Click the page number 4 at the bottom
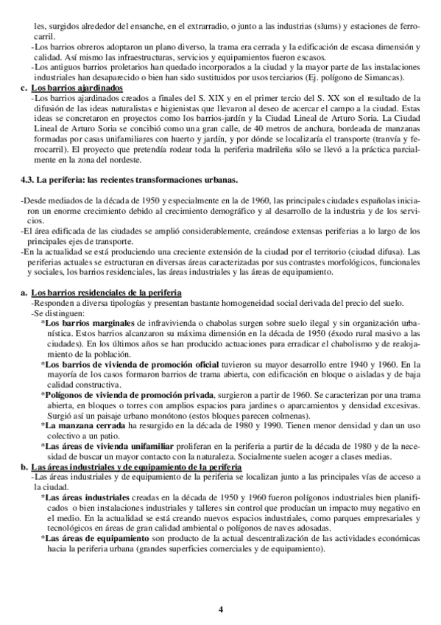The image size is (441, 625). coord(220,609)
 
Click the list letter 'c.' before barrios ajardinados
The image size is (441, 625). coord(24,88)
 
